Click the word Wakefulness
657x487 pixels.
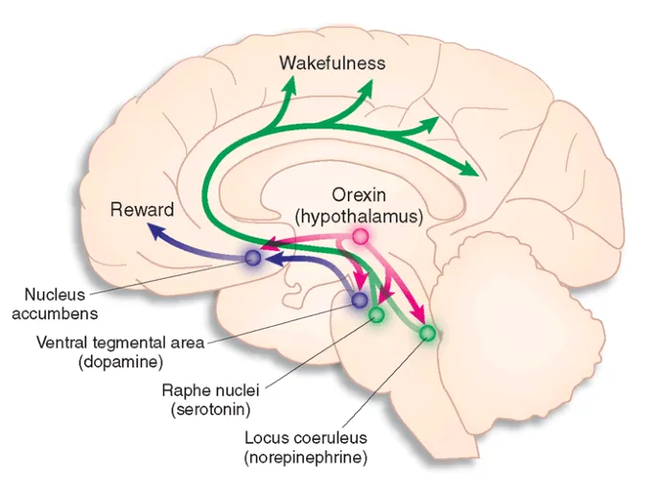332,63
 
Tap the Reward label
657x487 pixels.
142,210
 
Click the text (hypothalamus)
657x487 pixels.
359,216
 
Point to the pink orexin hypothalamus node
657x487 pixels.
361,236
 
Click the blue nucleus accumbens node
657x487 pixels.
253,257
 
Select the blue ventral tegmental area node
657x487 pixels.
359,300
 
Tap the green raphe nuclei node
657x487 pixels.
377,314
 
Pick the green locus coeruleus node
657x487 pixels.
428,333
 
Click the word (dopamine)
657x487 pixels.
120,361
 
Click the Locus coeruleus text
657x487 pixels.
298,438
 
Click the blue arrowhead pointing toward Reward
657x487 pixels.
153,229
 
